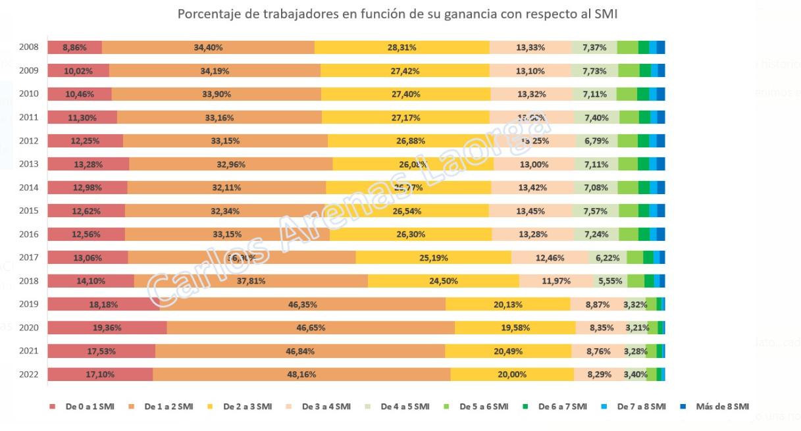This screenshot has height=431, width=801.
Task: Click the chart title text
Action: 397,14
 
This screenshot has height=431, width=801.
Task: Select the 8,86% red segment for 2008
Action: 74,47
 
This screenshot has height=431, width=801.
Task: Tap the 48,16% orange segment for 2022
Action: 301,374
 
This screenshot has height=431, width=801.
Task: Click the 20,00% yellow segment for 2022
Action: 511,374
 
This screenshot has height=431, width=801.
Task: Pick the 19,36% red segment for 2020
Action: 107,328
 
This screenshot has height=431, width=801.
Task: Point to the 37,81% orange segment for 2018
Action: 251,281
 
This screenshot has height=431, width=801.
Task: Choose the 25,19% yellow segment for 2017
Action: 433,258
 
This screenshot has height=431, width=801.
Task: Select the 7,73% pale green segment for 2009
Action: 594,71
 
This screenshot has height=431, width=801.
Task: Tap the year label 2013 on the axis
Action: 29,165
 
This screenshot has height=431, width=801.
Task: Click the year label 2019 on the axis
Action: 29,305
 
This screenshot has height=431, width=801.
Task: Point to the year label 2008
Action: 29,47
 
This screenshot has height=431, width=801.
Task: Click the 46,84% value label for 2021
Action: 299,351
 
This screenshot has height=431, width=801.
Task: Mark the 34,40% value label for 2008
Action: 208,47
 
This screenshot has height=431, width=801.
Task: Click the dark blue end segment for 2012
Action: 661,141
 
